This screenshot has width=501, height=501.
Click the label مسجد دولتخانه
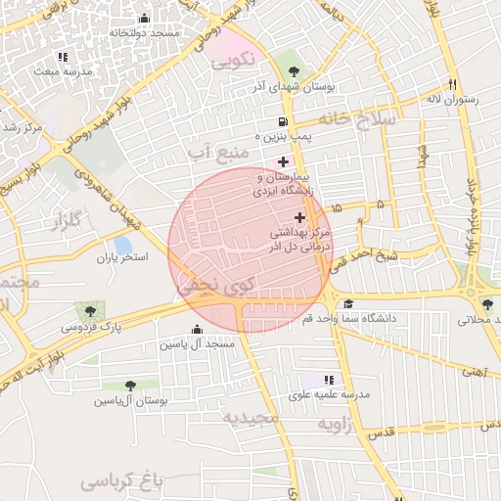point(145,33)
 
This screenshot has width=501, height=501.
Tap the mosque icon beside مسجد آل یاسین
point(198,329)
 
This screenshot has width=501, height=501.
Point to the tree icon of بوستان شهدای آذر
point(294,70)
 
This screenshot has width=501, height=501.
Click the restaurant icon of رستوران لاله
point(452,83)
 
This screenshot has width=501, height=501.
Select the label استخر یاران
point(120,259)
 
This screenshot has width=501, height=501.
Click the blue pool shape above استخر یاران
point(122,244)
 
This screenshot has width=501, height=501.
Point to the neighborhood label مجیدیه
point(250,418)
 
